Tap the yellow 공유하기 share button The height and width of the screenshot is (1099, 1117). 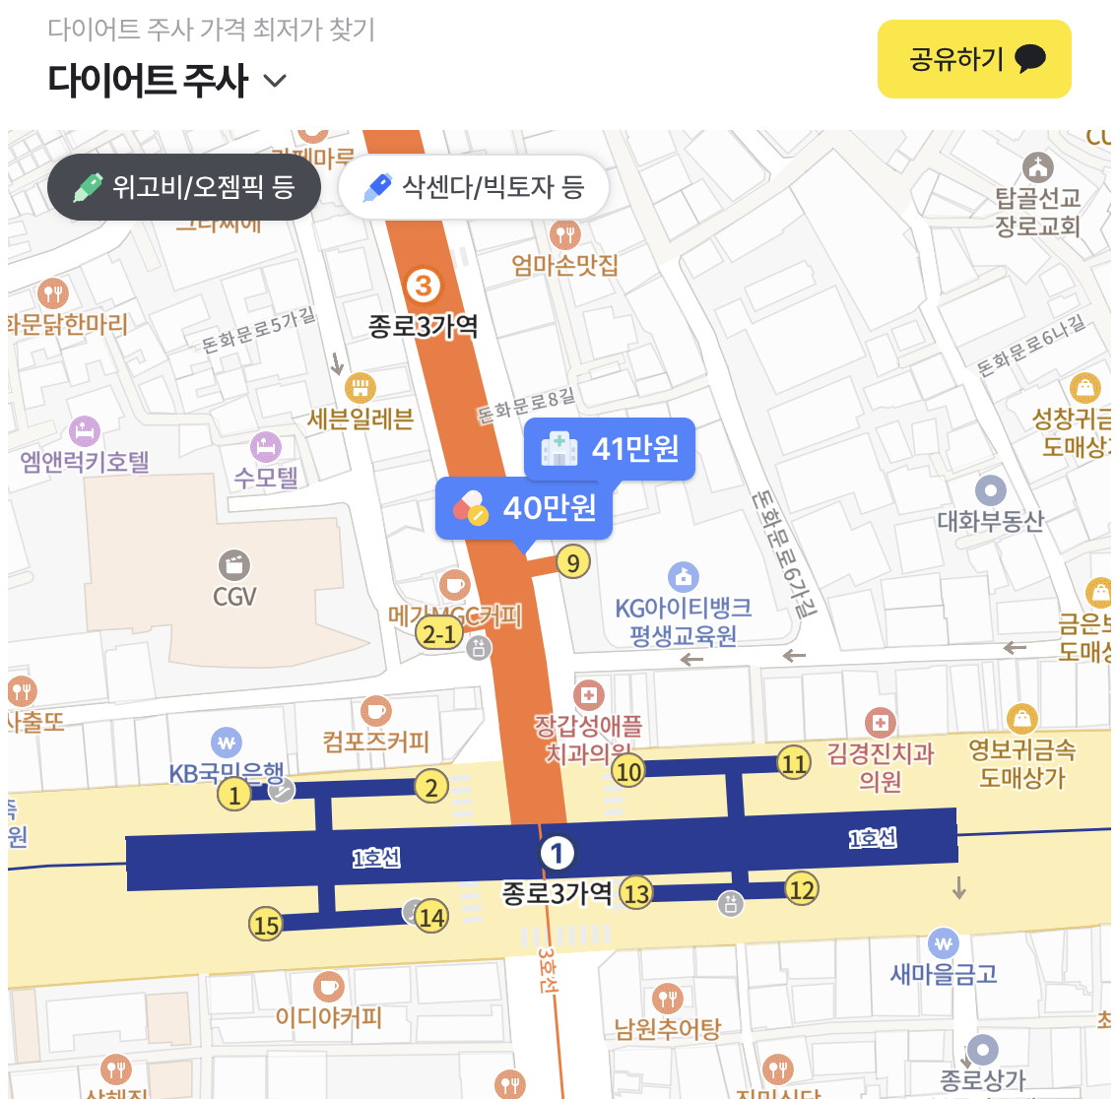973,59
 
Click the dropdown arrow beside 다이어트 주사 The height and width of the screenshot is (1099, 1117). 276,81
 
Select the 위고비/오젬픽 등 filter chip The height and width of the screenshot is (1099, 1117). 184,186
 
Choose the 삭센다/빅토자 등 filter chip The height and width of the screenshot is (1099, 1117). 474,186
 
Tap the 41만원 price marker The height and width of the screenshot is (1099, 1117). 610,449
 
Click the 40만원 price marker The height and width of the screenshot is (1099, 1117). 524,508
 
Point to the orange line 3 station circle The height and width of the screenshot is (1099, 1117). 423,286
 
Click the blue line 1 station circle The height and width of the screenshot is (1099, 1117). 557,853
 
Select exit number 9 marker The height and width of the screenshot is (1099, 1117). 573,562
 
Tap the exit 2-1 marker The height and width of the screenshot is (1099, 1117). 438,633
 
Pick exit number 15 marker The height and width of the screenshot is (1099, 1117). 266,925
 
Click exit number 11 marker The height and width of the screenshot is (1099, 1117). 794,762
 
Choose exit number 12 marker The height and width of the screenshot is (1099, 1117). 802,889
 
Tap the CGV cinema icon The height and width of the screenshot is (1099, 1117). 234,565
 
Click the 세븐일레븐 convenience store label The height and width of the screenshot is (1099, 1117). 361,419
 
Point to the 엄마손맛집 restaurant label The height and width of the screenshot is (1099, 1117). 565,264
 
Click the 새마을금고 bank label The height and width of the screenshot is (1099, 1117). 944,974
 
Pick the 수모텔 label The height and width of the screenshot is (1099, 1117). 266,478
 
